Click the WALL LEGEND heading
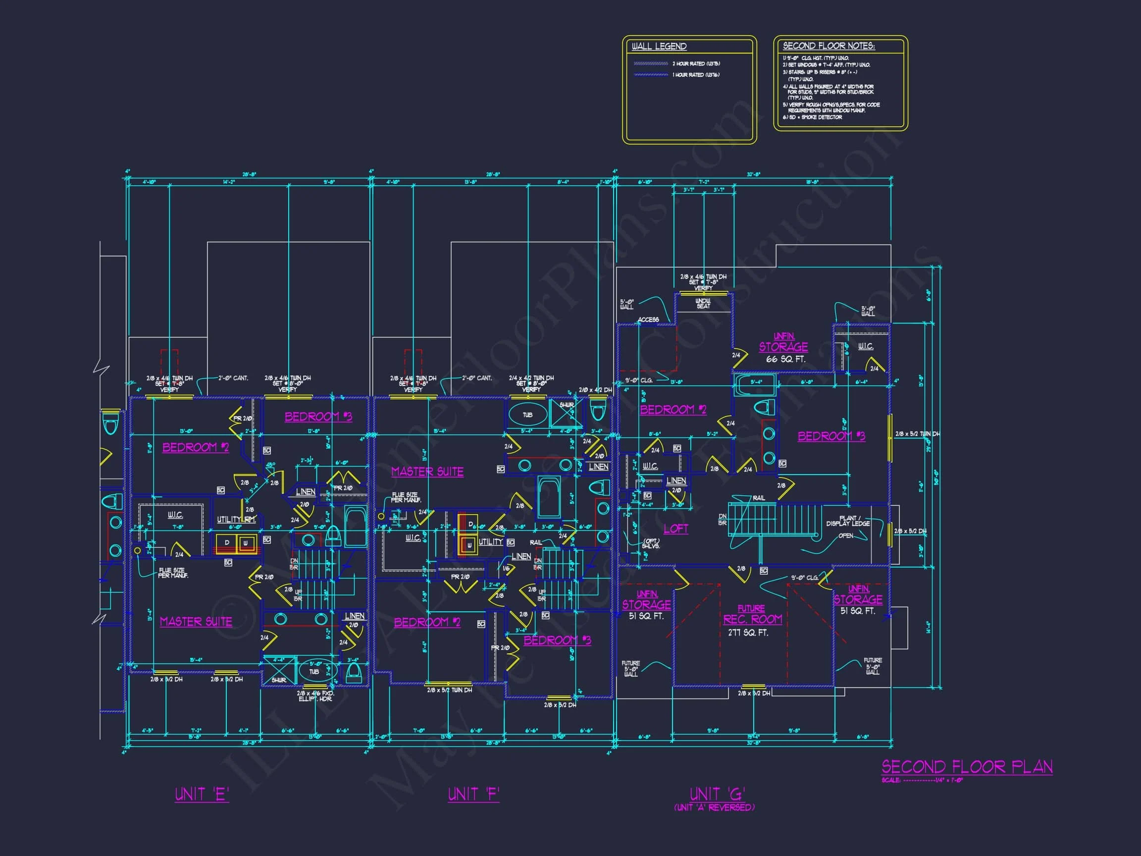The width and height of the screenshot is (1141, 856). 659,47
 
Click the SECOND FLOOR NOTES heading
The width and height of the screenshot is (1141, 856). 829,46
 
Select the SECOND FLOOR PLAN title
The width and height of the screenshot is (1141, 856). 967,767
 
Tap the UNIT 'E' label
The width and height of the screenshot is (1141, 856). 202,794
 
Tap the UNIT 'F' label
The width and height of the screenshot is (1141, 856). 473,794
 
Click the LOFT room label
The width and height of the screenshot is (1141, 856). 675,529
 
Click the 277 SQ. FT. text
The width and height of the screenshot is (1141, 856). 748,633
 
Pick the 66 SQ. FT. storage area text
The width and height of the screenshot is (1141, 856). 785,359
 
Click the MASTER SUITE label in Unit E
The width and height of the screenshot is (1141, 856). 196,622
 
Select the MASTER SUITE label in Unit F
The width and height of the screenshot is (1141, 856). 427,472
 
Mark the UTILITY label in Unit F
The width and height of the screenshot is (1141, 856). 491,542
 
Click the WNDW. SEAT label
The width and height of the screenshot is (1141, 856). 703,303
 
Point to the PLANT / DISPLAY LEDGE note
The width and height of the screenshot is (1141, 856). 847,521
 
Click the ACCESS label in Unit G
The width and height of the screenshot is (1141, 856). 648,320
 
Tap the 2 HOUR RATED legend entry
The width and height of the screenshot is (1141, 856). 696,63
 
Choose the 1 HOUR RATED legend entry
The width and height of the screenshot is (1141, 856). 696,75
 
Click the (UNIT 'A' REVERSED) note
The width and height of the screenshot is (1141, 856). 714,807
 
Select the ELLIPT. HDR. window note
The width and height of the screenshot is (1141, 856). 315,698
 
